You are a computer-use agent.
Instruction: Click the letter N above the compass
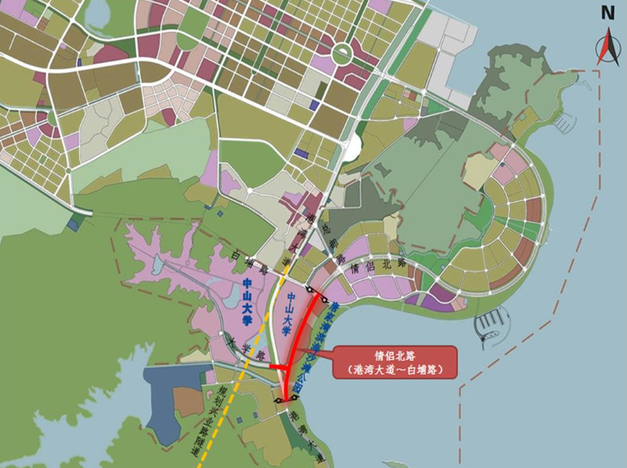pyautogui.click(x=608, y=12)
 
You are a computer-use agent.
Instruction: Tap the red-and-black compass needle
pyautogui.click(x=608, y=46)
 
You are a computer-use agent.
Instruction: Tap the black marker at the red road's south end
pyautogui.click(x=284, y=400)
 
